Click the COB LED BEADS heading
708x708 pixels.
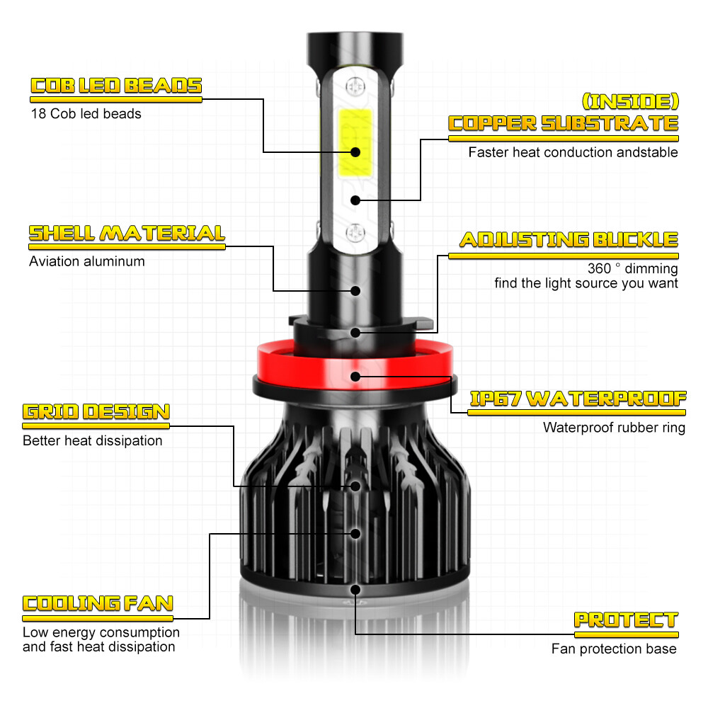coord(116,86)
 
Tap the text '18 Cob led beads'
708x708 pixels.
coord(86,113)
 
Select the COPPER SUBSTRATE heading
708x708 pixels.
coord(564,123)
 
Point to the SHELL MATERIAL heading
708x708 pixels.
coord(127,233)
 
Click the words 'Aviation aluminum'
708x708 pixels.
coord(86,261)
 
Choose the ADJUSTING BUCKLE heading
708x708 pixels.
coord(569,239)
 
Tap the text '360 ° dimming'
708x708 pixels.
coord(632,269)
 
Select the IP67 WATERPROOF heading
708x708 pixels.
coord(578,398)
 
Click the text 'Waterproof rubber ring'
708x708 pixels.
coord(614,428)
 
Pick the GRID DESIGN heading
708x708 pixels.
coord(96,412)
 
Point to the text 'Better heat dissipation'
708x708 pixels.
coord(92,441)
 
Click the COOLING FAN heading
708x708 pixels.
coord(98,603)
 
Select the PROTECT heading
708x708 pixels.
coord(626,620)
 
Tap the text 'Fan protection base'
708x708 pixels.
coord(614,649)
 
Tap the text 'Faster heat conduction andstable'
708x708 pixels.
coord(573,152)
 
